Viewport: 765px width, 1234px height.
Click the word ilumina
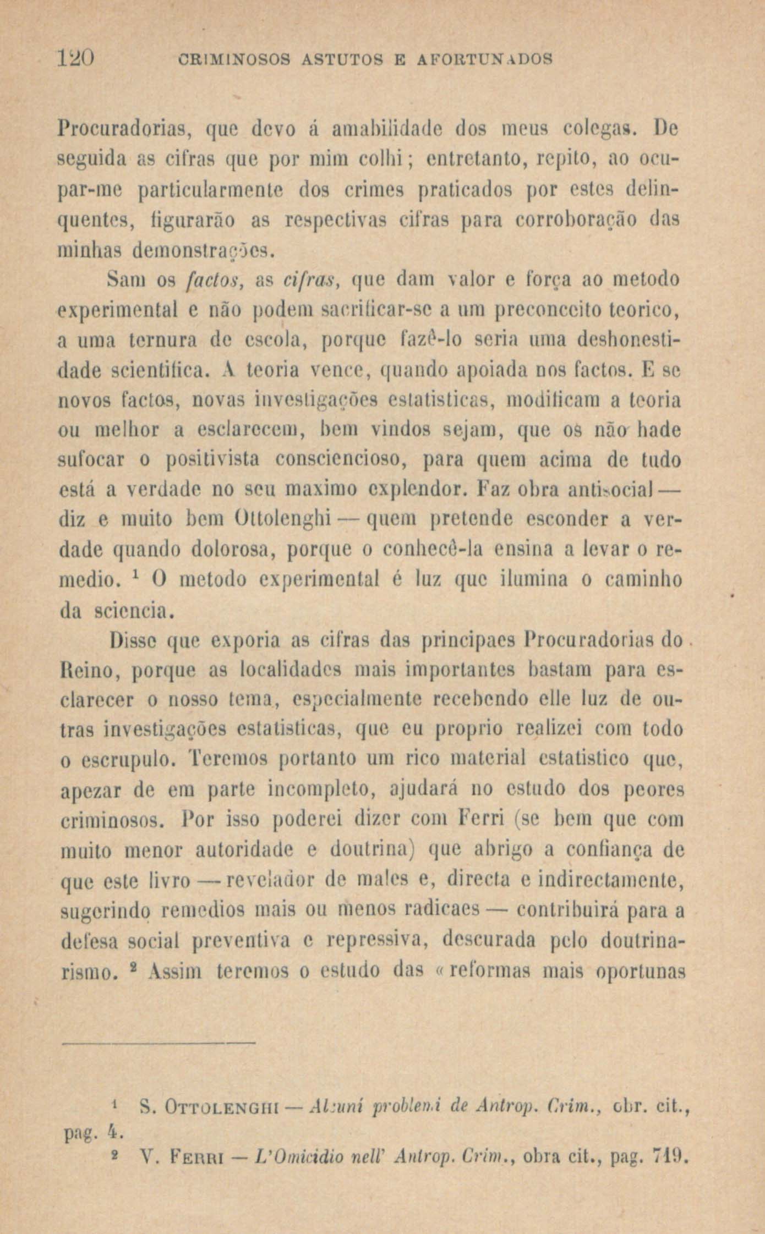tap(527, 579)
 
